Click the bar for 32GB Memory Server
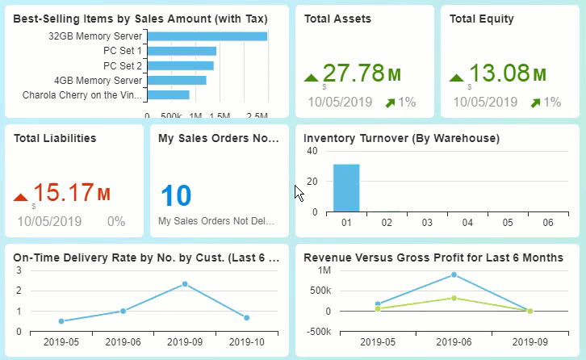click(207, 36)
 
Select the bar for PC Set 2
click(181, 65)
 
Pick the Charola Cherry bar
click(168, 94)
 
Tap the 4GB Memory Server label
click(98, 80)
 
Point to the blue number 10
click(176, 196)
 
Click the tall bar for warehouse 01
click(346, 187)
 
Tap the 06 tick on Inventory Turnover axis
click(549, 222)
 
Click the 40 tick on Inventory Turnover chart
click(311, 152)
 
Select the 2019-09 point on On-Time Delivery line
click(185, 284)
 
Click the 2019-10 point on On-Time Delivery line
click(246, 318)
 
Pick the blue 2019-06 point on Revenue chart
click(454, 274)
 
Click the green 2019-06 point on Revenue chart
click(454, 298)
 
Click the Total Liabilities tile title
click(55, 138)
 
